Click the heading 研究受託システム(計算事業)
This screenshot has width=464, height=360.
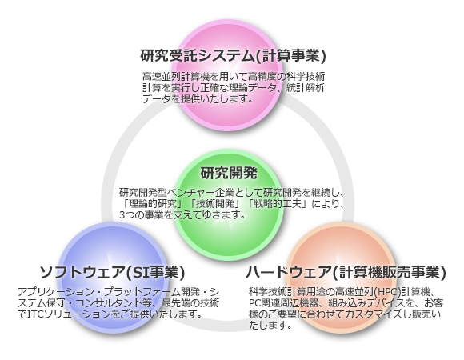point(233,55)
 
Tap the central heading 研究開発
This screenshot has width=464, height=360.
point(229,173)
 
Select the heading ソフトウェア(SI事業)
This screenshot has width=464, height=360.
point(112,272)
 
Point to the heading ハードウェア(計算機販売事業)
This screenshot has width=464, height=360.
point(346,272)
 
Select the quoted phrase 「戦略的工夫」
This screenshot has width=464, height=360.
point(278,204)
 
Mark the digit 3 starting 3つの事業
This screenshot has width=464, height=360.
point(122,215)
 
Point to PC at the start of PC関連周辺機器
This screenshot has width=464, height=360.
point(254,303)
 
